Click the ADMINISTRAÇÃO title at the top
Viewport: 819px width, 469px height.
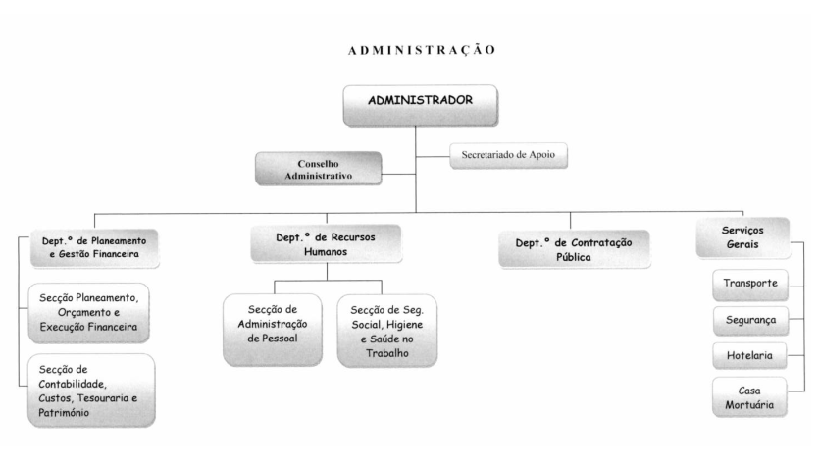(x=422, y=50)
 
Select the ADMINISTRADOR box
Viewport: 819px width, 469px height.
(x=421, y=106)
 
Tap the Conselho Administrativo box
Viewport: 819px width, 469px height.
(x=318, y=169)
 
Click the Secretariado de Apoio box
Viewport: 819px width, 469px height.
(x=508, y=156)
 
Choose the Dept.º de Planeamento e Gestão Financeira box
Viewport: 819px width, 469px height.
(x=94, y=248)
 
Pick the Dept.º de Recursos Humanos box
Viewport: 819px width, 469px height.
(x=326, y=244)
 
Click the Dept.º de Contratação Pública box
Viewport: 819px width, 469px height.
(x=574, y=249)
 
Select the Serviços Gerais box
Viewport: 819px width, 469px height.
(x=742, y=237)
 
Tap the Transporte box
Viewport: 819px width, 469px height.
(x=750, y=285)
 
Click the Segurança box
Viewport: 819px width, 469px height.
(x=750, y=321)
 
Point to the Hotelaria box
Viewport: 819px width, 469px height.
(x=749, y=356)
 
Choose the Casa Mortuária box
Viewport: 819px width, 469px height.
(x=749, y=397)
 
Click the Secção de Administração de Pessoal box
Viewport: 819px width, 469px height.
(x=272, y=330)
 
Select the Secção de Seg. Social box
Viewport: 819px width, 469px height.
(x=387, y=331)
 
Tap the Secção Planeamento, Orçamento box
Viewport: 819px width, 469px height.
(x=89, y=313)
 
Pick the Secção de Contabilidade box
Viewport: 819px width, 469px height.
(x=91, y=391)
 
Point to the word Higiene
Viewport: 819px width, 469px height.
(x=404, y=325)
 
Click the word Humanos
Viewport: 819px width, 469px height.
(x=326, y=252)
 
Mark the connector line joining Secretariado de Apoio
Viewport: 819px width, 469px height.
(x=433, y=156)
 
